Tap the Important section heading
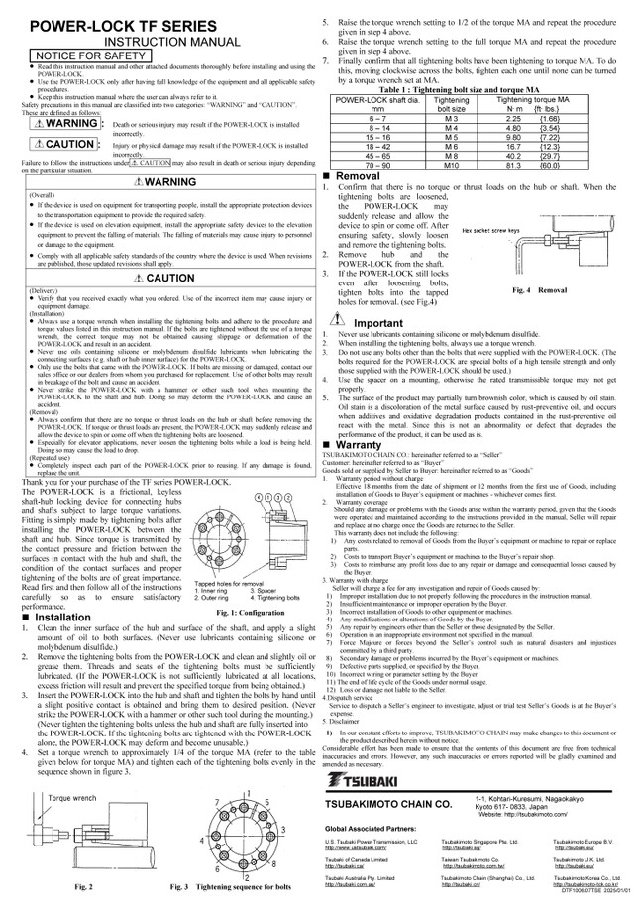[379, 323]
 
